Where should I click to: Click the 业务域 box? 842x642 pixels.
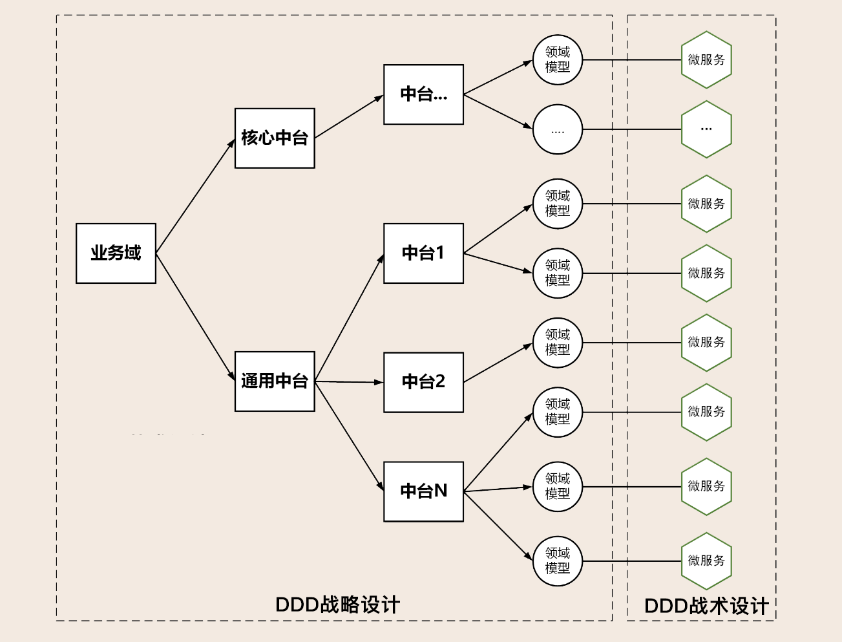coord(116,253)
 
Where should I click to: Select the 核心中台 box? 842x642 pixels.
coord(275,138)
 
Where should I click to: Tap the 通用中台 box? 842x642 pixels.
coord(275,381)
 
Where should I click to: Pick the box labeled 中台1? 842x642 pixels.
coord(423,253)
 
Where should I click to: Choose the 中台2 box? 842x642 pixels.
coord(423,381)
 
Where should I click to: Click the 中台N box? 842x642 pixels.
coord(423,491)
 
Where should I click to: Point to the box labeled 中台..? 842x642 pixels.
coord(423,94)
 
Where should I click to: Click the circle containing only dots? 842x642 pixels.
coord(558,129)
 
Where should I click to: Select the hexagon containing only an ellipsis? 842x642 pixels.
coord(706,129)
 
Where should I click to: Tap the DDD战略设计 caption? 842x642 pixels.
coord(337,605)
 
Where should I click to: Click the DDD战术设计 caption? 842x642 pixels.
coord(706,606)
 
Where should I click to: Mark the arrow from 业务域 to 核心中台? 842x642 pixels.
coord(195,197)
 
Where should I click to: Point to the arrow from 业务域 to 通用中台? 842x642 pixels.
coord(195,317)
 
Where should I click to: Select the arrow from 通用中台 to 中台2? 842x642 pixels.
coord(349,382)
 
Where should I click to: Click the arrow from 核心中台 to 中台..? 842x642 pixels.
coord(349,117)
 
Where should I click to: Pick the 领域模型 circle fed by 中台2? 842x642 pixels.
coord(558,343)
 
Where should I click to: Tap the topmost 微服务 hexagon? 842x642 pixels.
coord(706,59)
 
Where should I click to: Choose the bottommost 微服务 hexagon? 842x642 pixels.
coord(706,561)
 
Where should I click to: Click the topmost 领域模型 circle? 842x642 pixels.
coord(558,59)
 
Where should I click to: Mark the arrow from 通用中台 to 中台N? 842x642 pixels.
coord(349,436)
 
